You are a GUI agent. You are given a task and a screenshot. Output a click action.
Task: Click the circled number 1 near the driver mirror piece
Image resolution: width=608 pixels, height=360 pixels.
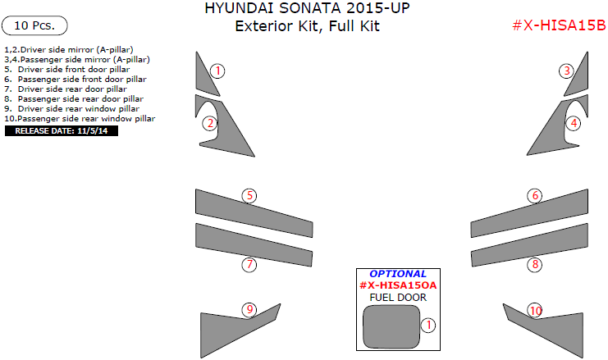tap(217, 71)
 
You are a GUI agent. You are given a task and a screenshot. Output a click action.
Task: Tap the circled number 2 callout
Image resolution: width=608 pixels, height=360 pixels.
tap(211, 123)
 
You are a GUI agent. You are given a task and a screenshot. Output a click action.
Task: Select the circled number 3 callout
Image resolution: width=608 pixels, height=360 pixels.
tap(567, 71)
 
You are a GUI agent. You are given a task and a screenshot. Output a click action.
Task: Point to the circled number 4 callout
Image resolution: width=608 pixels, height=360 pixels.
tap(574, 123)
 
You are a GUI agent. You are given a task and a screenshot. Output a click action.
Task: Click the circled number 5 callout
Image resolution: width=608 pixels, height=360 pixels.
tap(249, 195)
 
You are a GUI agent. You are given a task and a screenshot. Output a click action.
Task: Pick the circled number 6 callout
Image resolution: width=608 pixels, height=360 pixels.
tap(535, 195)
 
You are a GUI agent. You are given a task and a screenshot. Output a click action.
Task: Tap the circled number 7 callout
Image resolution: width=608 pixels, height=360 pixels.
tap(249, 264)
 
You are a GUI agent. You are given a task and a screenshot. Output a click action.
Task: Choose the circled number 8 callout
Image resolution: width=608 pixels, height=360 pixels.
tap(535, 264)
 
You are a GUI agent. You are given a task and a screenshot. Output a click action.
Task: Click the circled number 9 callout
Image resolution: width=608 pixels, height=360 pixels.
tap(249, 309)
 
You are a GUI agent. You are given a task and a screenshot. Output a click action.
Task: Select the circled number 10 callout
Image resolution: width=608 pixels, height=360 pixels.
tap(535, 310)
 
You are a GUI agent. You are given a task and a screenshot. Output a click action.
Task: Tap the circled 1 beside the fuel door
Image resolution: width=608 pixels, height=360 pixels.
tap(427, 326)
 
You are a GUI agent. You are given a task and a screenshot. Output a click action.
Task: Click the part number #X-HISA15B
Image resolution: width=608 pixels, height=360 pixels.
tap(558, 25)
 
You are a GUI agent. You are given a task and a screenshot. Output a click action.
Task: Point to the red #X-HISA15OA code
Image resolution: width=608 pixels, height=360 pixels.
tap(398, 285)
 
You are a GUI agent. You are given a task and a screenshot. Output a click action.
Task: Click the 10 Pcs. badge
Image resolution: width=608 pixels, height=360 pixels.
tap(34, 25)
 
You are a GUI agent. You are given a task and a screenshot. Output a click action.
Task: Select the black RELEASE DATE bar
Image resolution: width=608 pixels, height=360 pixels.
tap(62, 130)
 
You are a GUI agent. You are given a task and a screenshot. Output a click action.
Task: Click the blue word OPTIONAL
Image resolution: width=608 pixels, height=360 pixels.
tap(398, 274)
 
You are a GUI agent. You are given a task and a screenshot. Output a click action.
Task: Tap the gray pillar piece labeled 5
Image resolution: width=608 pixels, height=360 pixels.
tap(246, 210)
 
